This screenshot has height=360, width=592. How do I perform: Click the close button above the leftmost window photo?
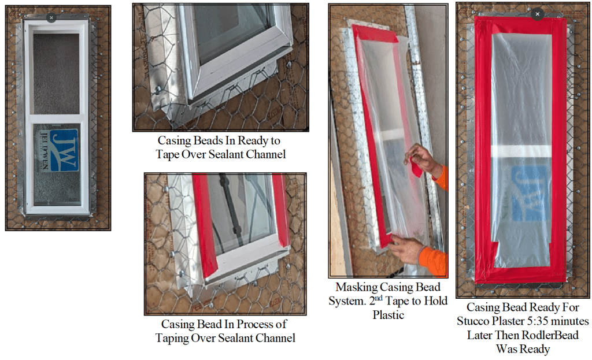click(51, 17)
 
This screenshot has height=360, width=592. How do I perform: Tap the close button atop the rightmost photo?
click(537, 14)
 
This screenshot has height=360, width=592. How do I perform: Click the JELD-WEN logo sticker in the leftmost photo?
click(59, 151)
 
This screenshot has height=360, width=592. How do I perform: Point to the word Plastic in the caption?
click(388, 315)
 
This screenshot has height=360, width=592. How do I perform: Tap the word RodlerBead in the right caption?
click(550, 335)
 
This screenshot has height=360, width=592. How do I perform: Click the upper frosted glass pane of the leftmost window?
click(56, 73)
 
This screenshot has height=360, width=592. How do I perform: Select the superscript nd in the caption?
click(379, 298)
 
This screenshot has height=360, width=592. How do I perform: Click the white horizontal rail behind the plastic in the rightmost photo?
click(521, 151)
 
